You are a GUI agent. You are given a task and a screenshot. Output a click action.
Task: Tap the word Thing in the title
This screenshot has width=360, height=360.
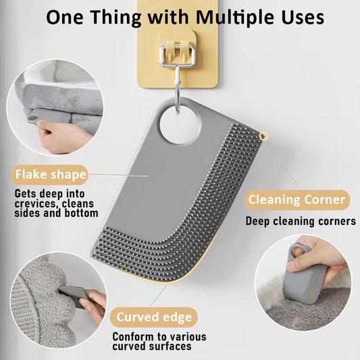[115, 18]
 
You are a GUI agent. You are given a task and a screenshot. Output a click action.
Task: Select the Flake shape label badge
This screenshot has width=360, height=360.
[50, 175]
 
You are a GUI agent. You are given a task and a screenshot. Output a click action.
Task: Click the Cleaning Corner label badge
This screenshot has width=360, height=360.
[297, 200]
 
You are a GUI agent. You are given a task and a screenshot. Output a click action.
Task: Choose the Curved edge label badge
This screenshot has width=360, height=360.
[154, 317]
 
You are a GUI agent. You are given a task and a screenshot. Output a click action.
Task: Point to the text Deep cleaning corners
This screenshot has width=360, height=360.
[301, 222]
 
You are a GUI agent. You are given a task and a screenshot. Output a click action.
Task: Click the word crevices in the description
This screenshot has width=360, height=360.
[34, 204]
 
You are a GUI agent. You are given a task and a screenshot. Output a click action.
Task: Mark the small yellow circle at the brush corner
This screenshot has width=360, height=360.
[263, 136]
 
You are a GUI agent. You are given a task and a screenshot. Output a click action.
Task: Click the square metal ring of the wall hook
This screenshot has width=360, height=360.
[178, 56]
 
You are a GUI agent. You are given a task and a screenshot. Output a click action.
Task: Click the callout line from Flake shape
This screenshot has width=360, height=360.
[118, 176]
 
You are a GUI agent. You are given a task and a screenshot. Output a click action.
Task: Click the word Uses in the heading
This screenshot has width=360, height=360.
[303, 18]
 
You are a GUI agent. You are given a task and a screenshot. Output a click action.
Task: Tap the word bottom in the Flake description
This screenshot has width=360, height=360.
[81, 213]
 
